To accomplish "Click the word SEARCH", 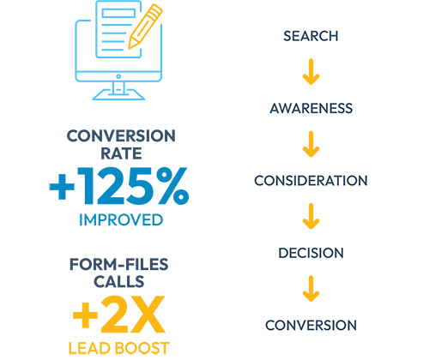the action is pyautogui.click(x=311, y=36).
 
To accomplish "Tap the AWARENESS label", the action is pyautogui.click(x=311, y=108).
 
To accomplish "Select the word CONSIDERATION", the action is pyautogui.click(x=311, y=181).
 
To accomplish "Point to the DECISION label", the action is pyautogui.click(x=311, y=253).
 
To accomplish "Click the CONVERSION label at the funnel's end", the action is pyautogui.click(x=311, y=325).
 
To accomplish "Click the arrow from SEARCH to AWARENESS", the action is pyautogui.click(x=311, y=72).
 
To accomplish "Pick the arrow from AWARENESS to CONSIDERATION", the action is pyautogui.click(x=311, y=144).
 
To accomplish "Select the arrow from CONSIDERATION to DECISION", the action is pyautogui.click(x=311, y=216).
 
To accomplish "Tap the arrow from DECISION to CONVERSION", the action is pyautogui.click(x=311, y=289).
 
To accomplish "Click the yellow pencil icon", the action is pyautogui.click(x=145, y=27).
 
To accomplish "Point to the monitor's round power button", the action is pyautogui.click(x=118, y=76).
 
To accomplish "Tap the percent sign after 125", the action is pyautogui.click(x=172, y=186).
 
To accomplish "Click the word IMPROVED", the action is pyautogui.click(x=121, y=219).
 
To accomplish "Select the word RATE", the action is pyautogui.click(x=121, y=153).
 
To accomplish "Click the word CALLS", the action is pyautogui.click(x=119, y=282).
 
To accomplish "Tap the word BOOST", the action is pyautogui.click(x=142, y=348).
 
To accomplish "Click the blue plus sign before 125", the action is pyautogui.click(x=62, y=187).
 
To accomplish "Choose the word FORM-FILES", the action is pyautogui.click(x=119, y=264).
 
